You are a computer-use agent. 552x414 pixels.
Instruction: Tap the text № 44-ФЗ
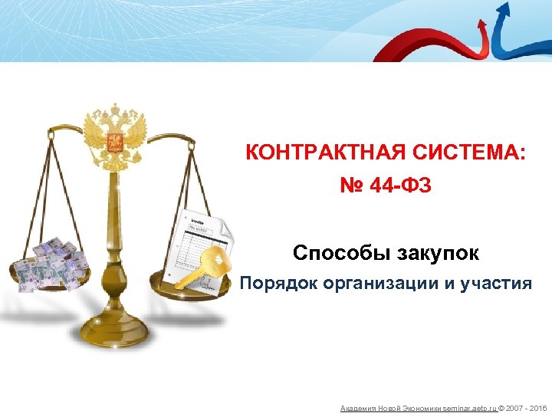click(386, 185)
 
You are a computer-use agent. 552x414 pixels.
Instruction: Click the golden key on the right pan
click(203, 265)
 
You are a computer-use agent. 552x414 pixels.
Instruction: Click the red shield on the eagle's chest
click(115, 141)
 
